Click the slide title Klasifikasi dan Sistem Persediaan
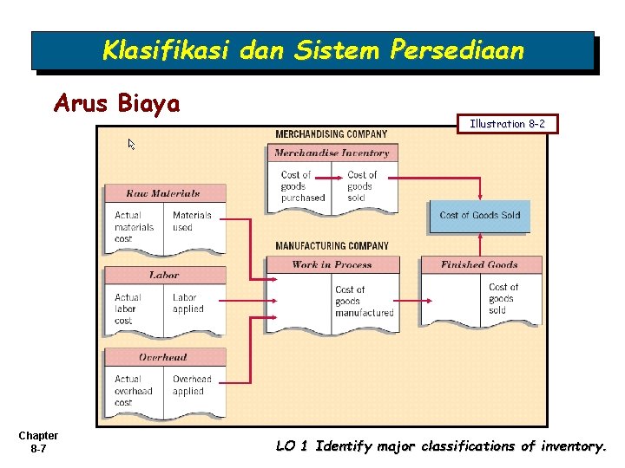(x=312, y=50)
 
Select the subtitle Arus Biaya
(x=116, y=104)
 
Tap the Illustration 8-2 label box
(x=507, y=124)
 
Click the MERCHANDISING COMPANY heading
(x=332, y=134)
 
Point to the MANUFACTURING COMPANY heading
(x=332, y=246)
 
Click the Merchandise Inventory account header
(x=332, y=153)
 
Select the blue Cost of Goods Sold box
(x=479, y=215)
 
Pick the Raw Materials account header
(x=163, y=193)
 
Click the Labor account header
(x=163, y=275)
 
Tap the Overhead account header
(x=163, y=357)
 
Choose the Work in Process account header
(x=332, y=265)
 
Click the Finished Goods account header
(x=479, y=265)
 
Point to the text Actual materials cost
(x=135, y=227)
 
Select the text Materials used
(x=192, y=221)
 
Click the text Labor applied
(x=188, y=303)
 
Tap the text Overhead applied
(x=192, y=385)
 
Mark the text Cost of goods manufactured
(x=364, y=301)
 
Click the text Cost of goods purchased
(x=302, y=186)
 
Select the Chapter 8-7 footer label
(x=38, y=442)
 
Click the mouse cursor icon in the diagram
(x=133, y=144)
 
